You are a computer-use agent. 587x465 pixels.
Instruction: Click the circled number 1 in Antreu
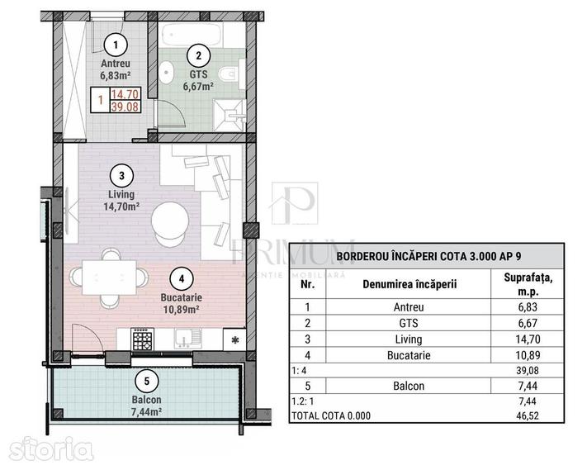[x=116, y=45]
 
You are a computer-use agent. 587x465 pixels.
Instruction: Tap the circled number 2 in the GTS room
[x=198, y=55]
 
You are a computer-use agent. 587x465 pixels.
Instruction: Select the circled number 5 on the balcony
[x=147, y=381]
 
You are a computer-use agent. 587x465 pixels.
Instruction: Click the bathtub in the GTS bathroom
[x=192, y=35]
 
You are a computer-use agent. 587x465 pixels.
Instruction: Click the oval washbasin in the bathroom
[x=166, y=72]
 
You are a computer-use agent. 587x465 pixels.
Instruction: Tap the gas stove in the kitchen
[x=143, y=339]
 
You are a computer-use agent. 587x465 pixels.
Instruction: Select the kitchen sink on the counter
[x=187, y=339]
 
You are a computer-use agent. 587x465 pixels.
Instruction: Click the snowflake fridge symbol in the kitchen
[x=234, y=340]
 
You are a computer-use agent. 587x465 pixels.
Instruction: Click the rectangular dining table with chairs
[x=109, y=278]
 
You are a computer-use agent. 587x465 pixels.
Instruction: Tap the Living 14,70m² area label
[x=121, y=201]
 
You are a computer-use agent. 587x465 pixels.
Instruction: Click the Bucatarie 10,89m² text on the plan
[x=181, y=303]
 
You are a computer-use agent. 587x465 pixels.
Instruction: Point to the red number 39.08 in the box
[x=125, y=107]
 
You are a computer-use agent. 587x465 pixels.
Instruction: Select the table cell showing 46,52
[x=528, y=415]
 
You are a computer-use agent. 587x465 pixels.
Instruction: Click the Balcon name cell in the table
[x=409, y=386]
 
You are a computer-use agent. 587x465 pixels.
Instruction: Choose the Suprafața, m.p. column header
[x=528, y=284]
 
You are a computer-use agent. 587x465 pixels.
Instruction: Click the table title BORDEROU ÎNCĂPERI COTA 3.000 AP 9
[x=428, y=257]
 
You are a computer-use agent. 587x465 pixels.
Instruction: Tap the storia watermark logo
[x=50, y=448]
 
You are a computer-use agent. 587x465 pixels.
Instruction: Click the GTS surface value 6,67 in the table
[x=528, y=323]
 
